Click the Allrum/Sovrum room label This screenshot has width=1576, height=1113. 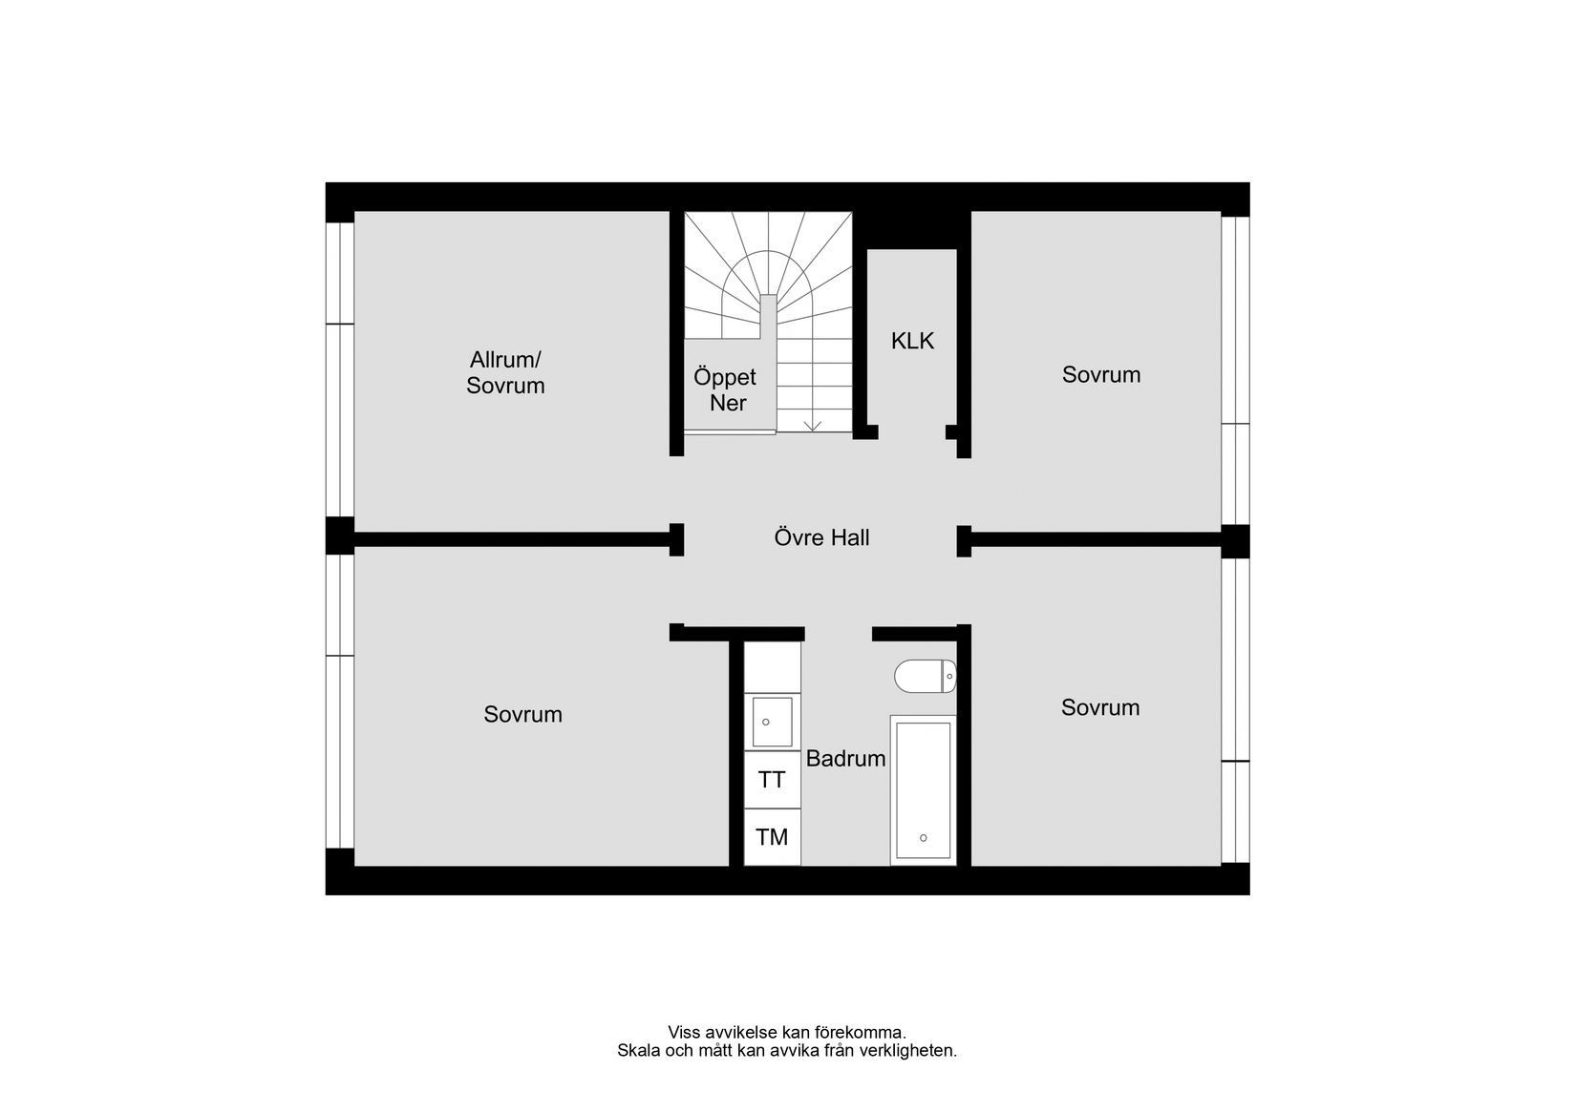(x=505, y=372)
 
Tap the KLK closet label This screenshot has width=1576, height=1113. (x=912, y=341)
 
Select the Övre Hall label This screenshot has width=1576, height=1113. (x=821, y=537)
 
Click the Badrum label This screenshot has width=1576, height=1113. (x=845, y=759)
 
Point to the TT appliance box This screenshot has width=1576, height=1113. (x=772, y=780)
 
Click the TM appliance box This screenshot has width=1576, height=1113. (x=772, y=837)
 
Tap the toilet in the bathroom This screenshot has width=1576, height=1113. (x=925, y=676)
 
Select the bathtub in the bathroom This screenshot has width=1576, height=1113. (x=923, y=789)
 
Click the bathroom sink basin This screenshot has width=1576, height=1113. (x=772, y=722)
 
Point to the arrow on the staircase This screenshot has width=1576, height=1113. (x=813, y=424)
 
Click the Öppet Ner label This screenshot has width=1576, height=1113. (x=725, y=389)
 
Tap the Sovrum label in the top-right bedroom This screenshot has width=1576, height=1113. (x=1101, y=374)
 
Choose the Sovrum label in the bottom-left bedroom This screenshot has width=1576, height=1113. (x=522, y=714)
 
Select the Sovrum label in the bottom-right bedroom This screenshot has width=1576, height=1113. (x=1100, y=707)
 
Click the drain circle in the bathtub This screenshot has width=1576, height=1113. (x=923, y=838)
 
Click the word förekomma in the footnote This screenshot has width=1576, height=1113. (x=857, y=1032)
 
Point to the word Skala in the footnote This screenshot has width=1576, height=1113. (x=636, y=1050)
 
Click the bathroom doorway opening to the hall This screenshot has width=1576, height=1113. (x=839, y=633)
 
